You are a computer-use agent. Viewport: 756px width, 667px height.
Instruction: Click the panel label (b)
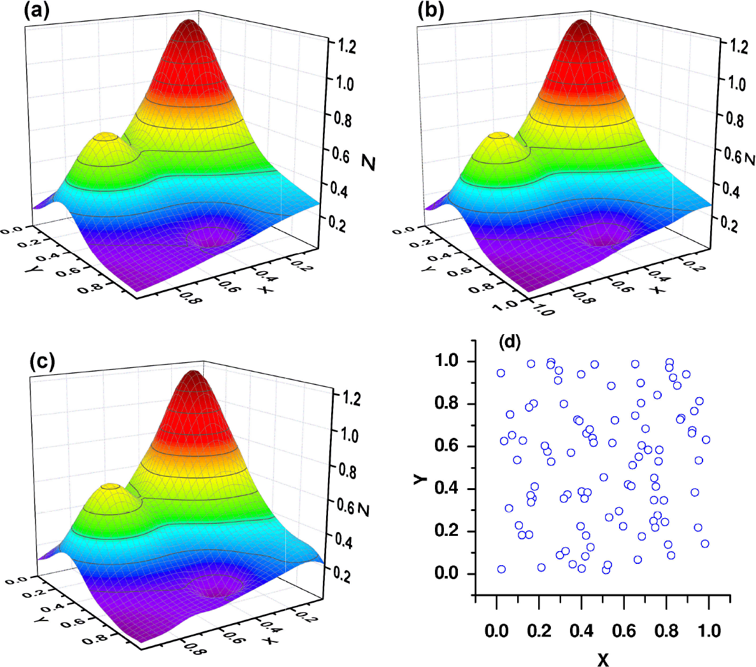[430, 11]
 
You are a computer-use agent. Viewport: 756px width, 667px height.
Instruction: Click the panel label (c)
[42, 361]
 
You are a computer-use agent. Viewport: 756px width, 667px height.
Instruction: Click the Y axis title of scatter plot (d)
[419, 477]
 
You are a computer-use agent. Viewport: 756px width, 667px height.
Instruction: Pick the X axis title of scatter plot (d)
[603, 659]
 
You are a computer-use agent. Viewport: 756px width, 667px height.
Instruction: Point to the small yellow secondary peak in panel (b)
[499, 136]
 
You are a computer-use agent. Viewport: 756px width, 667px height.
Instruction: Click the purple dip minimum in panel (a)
[213, 237]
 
